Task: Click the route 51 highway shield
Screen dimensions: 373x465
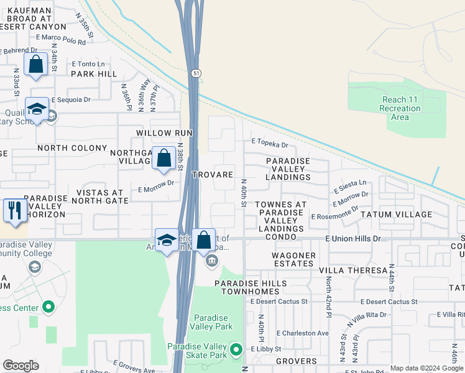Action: click(x=196, y=73)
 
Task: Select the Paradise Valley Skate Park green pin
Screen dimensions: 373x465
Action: click(x=235, y=350)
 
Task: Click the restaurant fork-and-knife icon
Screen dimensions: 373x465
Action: click(x=12, y=210)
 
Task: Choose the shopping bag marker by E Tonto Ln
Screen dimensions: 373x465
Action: click(x=36, y=65)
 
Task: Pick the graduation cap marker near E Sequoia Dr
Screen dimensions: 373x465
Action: click(x=37, y=109)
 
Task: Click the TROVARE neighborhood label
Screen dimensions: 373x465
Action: click(x=213, y=175)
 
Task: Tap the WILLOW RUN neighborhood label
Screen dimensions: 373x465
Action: click(x=165, y=133)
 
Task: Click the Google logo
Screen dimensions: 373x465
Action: click(x=21, y=366)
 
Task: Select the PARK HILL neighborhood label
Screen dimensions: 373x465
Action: click(x=94, y=74)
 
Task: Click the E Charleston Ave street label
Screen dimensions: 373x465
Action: click(x=303, y=333)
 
